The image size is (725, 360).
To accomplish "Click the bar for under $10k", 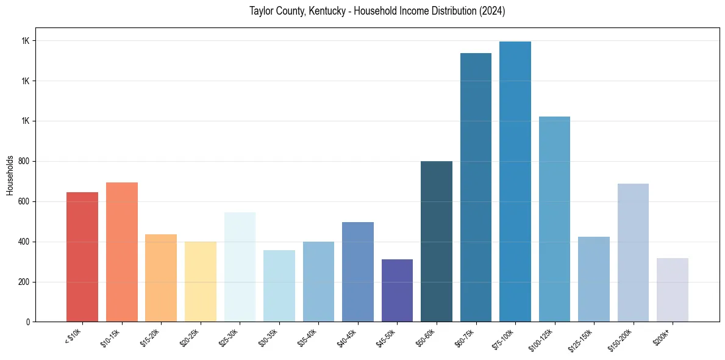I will click(x=82, y=257).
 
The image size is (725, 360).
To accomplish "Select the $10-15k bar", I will click(x=122, y=252).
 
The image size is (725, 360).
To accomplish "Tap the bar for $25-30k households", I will click(x=240, y=267).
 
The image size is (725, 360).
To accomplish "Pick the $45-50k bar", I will click(x=397, y=290).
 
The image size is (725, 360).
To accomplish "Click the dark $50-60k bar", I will click(x=437, y=241).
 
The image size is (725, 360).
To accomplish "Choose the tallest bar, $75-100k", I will click(x=515, y=181).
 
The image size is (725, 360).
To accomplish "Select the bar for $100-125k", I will click(x=554, y=219).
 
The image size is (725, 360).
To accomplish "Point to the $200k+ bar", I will click(x=673, y=290).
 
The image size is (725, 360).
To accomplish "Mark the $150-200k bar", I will click(x=633, y=253).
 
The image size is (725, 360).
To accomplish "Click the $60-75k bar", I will click(x=476, y=187).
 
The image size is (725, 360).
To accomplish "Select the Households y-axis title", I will click(x=10, y=175).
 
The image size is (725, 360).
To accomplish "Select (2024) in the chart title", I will click(x=493, y=12).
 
